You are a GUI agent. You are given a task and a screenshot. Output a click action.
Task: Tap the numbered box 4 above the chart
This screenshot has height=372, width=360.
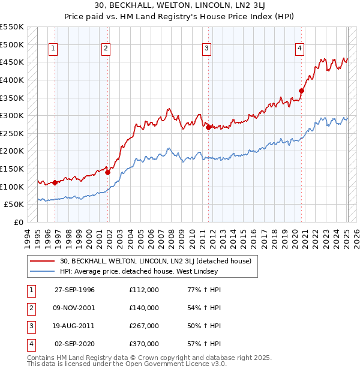pyautogui.click(x=299, y=49)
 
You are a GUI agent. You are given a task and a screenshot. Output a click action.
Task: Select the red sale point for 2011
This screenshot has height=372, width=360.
pyautogui.click(x=208, y=127)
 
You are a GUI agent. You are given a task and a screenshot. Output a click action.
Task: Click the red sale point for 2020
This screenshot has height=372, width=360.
pyautogui.click(x=301, y=91)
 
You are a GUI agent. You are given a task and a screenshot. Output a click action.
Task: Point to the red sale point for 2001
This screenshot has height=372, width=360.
pyautogui.click(x=108, y=172)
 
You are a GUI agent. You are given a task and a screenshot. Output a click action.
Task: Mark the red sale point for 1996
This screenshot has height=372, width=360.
pyautogui.click(x=55, y=182)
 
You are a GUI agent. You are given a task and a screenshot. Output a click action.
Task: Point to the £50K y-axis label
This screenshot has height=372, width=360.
pyautogui.click(x=13, y=205)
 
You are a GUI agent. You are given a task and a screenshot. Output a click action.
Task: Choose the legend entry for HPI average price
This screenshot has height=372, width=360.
pyautogui.click(x=139, y=272)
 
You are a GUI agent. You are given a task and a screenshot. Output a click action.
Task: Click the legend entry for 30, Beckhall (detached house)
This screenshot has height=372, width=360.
pyautogui.click(x=159, y=261)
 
